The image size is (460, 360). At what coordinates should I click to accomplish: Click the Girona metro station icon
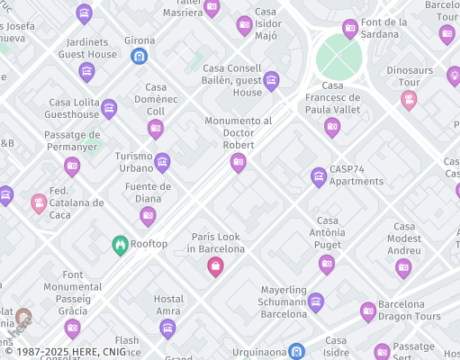(139, 57)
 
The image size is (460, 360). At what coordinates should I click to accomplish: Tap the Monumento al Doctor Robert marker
(239, 162)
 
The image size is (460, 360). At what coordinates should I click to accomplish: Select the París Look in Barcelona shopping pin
(215, 265)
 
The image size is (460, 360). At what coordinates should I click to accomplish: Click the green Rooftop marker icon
(120, 244)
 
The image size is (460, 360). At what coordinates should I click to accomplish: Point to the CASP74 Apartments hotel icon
(318, 177)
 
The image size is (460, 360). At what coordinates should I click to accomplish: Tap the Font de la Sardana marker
(350, 29)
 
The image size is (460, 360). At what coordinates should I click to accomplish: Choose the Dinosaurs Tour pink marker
(409, 99)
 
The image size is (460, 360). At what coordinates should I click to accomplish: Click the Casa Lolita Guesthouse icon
(109, 109)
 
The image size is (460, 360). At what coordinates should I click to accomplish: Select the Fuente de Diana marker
(148, 215)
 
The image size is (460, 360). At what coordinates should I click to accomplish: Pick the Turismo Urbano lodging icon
(162, 162)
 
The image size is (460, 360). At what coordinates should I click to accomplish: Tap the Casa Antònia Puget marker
(327, 264)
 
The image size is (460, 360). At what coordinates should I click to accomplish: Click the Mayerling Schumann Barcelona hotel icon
(315, 301)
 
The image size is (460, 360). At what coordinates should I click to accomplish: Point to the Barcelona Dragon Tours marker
(368, 311)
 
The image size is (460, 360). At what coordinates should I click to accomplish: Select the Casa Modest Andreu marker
(404, 266)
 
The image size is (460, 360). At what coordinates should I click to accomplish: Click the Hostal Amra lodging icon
(167, 328)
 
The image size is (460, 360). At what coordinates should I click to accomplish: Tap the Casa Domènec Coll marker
(156, 129)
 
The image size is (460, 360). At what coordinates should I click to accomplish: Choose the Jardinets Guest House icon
(87, 71)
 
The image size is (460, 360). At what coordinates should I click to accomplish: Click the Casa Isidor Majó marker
(244, 26)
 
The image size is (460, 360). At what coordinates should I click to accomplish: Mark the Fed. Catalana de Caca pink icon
(39, 203)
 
